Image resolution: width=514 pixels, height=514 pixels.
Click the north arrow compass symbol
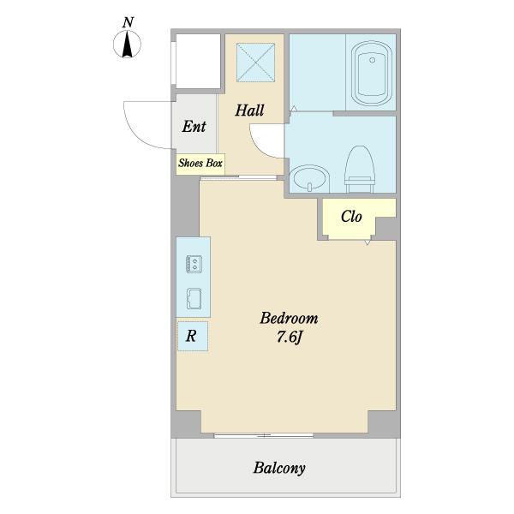pos(127,45)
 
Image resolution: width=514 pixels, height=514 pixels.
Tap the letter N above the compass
pos(128,22)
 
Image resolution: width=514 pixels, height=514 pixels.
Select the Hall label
pos(249,111)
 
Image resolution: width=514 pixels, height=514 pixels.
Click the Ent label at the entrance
pos(194,126)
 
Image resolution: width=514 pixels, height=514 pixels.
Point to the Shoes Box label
pos(200,163)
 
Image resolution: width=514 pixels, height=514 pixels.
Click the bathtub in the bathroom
pos(372,74)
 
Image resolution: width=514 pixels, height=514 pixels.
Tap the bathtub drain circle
pos(372,60)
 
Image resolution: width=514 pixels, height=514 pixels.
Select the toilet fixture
pos(359,170)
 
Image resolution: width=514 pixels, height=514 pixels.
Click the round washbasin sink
pos(310,177)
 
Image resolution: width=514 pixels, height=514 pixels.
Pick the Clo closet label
pos(351,217)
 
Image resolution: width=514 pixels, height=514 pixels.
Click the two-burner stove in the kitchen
pos(194,264)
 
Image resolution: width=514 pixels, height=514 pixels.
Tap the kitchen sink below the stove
pos(194,299)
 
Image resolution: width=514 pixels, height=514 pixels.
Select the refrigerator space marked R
pos(193,336)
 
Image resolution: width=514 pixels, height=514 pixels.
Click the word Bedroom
pos(289,318)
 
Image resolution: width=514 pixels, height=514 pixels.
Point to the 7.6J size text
pos(289,337)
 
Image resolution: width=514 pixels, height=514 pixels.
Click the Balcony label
pos(279,468)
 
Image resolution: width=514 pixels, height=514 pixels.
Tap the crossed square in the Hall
pos(255,63)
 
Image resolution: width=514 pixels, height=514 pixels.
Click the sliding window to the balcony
pos(264,435)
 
